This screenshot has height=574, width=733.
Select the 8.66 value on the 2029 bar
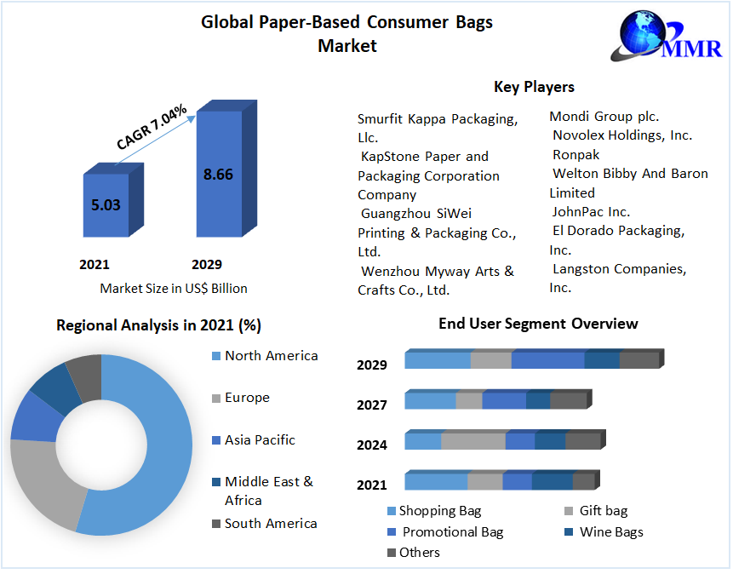(218, 174)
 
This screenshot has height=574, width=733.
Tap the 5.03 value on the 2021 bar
(106, 204)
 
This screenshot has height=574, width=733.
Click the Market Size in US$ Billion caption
(174, 288)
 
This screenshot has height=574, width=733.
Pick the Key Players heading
(534, 87)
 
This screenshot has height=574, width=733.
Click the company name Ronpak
(576, 154)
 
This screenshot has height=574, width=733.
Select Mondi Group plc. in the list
(604, 117)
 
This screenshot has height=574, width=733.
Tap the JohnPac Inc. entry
(591, 211)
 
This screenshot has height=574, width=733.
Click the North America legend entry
(271, 356)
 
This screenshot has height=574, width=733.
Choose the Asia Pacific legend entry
(260, 440)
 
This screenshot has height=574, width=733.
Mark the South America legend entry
(270, 524)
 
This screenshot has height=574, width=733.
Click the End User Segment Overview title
(538, 324)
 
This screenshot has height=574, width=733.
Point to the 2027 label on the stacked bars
(372, 405)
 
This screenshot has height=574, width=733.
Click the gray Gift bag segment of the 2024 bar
(473, 441)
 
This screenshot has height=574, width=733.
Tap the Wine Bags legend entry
(610, 532)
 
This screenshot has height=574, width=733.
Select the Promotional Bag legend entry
(452, 532)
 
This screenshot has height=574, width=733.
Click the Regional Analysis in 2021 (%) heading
(158, 325)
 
